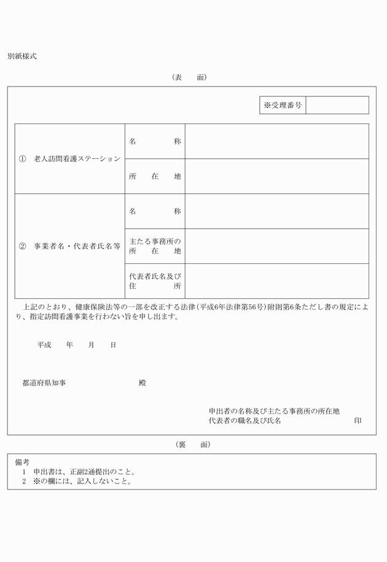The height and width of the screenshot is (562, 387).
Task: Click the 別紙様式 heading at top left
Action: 22,56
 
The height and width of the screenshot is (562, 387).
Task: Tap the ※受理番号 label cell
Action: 283,106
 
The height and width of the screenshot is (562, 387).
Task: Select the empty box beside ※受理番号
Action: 337,106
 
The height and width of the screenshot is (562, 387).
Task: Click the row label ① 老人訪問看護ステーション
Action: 70,159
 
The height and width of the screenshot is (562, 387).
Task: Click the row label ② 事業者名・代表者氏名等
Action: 70,246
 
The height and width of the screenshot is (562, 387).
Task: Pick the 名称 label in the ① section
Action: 155,141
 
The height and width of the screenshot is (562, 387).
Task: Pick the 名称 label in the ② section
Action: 155,211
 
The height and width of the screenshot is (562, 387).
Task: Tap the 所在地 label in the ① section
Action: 155,176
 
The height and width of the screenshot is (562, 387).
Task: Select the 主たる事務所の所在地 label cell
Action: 155,246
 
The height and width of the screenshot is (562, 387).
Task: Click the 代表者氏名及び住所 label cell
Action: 155,281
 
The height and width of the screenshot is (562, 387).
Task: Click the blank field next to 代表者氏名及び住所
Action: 276,281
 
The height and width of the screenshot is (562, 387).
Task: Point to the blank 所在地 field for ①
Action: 276,176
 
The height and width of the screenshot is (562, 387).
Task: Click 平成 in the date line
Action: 44,345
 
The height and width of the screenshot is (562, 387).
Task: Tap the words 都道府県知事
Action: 44,383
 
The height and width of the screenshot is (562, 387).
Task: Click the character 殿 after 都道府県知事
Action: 143,383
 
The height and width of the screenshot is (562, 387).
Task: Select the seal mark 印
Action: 358,421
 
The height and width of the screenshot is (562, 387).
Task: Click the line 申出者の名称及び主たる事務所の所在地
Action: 274,411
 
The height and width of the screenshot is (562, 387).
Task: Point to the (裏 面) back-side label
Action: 192,444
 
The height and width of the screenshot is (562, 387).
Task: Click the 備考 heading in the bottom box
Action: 22,462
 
